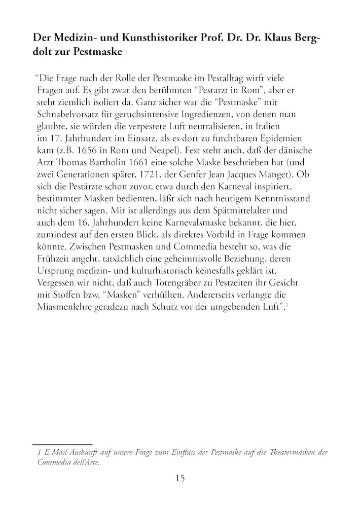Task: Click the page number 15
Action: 179,478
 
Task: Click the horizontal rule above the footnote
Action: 62,444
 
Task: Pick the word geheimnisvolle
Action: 191,260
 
